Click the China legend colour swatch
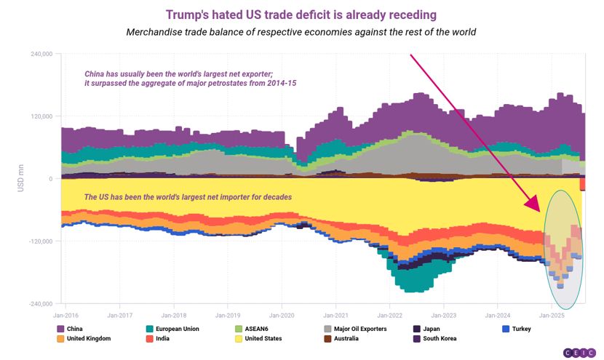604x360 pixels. [x=60, y=329]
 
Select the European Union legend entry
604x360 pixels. [x=173, y=329]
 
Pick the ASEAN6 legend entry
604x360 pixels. [x=252, y=329]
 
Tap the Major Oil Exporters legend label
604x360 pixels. [x=360, y=329]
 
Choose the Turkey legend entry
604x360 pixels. [x=517, y=329]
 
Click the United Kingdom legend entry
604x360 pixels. [x=84, y=338]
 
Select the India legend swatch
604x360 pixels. [x=150, y=338]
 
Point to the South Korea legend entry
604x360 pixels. [x=435, y=338]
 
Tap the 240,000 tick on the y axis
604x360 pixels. [x=41, y=54]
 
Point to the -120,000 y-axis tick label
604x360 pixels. [x=41, y=241]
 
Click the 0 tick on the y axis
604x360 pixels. [x=51, y=179]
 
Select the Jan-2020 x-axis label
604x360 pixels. [x=282, y=316]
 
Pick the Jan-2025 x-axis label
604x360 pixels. [x=552, y=316]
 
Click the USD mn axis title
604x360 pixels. [x=21, y=178]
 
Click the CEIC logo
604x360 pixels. [x=580, y=353]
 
